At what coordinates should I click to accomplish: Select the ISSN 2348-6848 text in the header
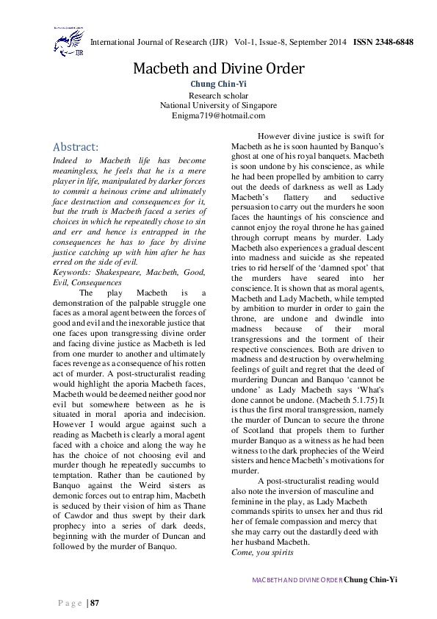point(383,42)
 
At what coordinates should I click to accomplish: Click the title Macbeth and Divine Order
point(218,69)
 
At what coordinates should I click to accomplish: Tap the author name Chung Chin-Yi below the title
point(218,85)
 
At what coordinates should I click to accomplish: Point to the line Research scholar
point(218,96)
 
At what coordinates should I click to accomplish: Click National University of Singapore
point(218,105)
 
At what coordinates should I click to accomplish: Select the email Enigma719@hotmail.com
point(218,115)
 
